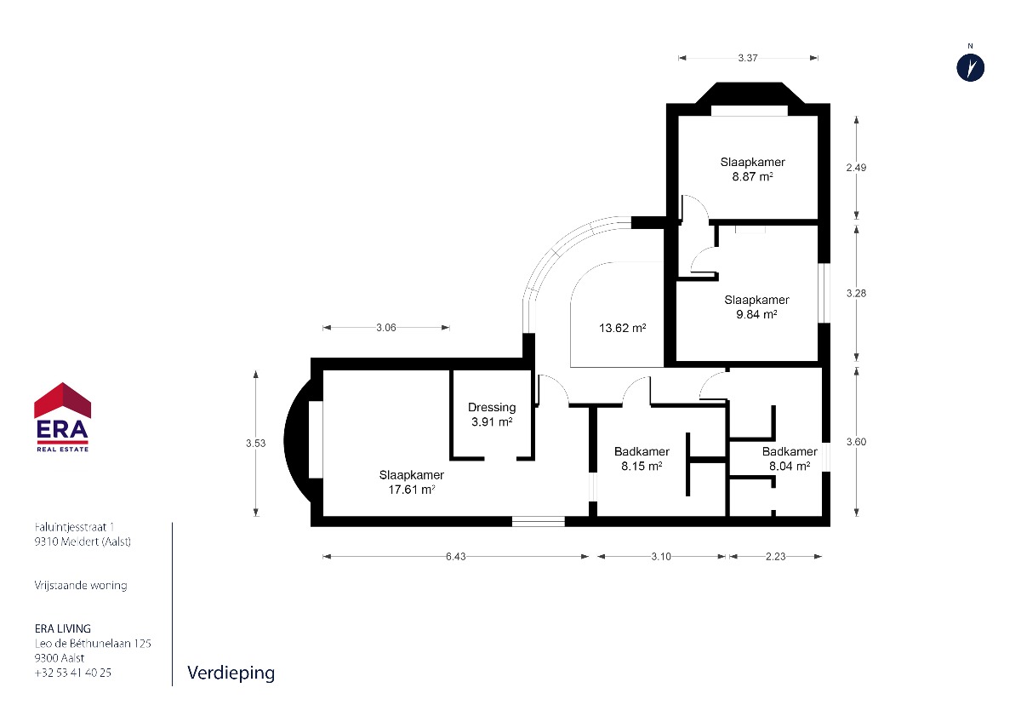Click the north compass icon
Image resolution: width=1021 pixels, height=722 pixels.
point(970,68)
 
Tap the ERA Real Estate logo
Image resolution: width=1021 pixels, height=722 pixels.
point(62,417)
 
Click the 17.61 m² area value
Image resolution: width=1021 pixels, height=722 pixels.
point(411,490)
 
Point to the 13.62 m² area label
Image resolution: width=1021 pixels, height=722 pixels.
point(622,328)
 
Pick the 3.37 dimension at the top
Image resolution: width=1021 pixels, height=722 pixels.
point(748,58)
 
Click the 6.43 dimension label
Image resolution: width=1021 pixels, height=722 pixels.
point(456,557)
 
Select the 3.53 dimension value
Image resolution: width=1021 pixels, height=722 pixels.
point(256,443)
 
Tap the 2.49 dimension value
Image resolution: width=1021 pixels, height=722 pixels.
point(856,168)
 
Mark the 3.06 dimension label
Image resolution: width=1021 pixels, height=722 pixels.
point(386,328)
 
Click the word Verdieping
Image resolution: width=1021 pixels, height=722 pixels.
point(231,673)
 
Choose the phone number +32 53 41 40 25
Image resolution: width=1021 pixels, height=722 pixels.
point(73,673)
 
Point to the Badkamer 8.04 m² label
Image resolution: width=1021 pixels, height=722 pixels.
point(790,459)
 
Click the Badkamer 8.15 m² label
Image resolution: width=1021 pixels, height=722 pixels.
point(642,459)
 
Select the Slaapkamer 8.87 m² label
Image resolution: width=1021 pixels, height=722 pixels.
point(752,169)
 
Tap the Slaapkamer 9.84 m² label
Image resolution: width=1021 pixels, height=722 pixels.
point(756,307)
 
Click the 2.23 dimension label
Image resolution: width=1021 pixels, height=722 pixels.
point(776,557)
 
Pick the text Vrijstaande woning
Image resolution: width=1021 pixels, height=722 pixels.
point(81,585)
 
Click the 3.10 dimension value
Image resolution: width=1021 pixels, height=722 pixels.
point(661,557)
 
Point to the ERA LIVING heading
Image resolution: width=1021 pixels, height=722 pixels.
point(63,628)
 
